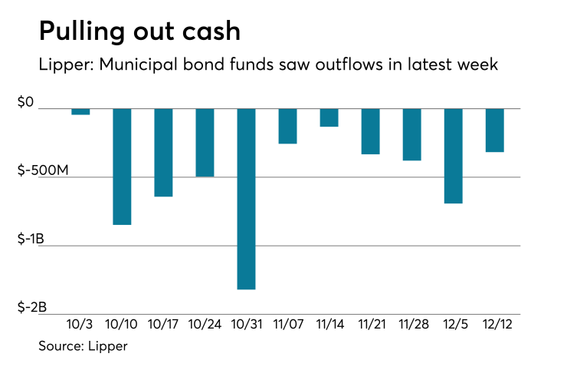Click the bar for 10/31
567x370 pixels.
coord(246,198)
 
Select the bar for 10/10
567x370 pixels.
coord(123,166)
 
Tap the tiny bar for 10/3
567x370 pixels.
coord(80,111)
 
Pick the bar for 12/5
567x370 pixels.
coord(454,155)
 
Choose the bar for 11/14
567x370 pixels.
coord(329,117)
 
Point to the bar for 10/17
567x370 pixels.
coord(163,152)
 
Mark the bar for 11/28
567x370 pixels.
coord(411,134)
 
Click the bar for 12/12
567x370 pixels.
coord(494,130)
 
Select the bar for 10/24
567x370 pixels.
coord(205,142)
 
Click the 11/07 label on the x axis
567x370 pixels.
coord(287,325)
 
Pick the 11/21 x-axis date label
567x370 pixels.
coord(370,325)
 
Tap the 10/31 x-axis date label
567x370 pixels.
coord(246,325)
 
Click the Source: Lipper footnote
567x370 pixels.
coord(83,346)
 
